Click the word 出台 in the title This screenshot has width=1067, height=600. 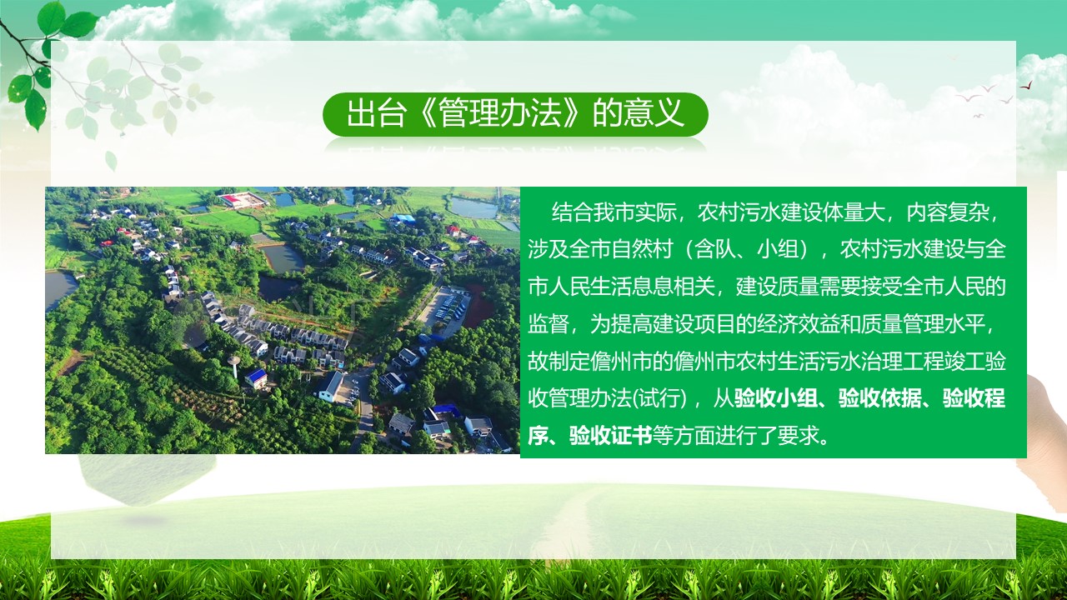coord(376,113)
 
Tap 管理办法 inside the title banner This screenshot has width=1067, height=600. coord(500,113)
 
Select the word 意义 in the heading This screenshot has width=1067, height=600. coord(654,113)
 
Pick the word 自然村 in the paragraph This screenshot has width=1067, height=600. coord(642,249)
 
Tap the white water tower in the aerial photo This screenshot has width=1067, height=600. coord(233,366)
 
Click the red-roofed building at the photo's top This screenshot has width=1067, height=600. coord(243,199)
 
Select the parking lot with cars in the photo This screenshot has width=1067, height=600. coord(445,309)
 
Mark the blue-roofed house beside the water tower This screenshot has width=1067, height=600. coord(256,377)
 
